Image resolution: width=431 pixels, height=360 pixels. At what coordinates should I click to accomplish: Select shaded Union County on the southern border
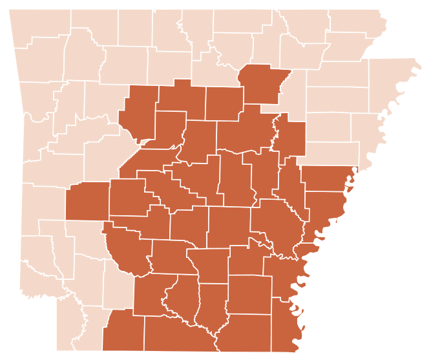click(174, 333)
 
